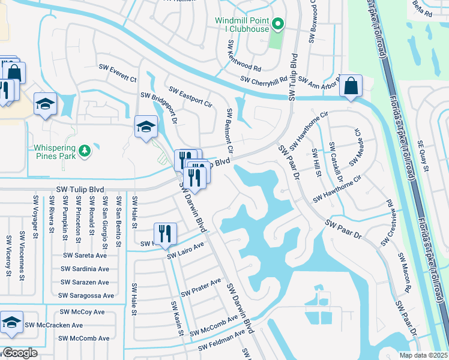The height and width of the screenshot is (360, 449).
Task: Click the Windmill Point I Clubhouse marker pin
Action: [277, 24]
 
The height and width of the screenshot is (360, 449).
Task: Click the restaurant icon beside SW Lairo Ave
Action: [164, 233]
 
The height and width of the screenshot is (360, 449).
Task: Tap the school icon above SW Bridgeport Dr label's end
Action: [145, 126]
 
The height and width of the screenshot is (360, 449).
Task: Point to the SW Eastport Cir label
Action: [191, 97]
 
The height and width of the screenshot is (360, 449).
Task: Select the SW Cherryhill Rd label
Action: [264, 80]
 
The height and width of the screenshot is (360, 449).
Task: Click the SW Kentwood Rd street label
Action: [244, 56]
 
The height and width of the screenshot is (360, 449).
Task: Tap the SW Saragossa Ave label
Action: [86, 295]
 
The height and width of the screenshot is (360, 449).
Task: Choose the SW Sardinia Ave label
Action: [85, 269]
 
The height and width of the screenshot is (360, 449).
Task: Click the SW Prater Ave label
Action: [201, 287]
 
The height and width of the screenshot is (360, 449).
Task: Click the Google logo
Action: [19, 353]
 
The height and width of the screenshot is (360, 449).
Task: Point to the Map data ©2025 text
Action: [423, 355]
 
